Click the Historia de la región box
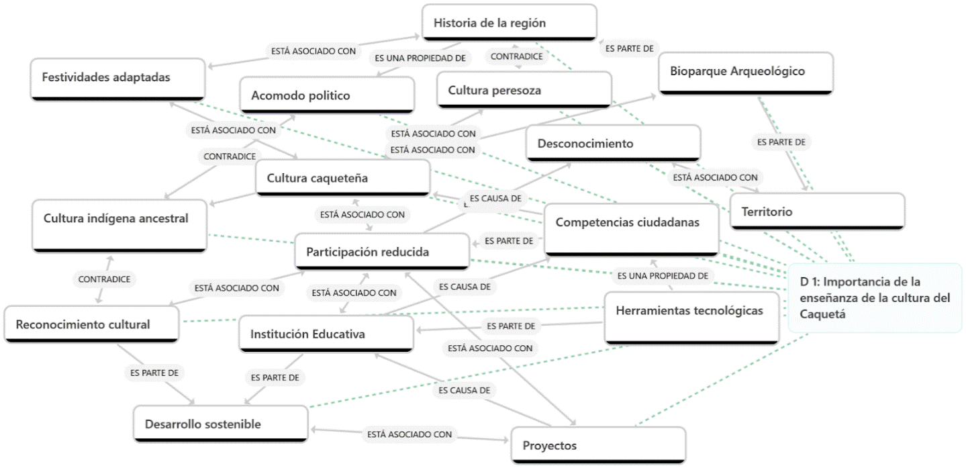[510, 22]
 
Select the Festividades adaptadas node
[117, 77]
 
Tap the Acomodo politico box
[328, 95]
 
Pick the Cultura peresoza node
[524, 89]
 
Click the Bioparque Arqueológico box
[746, 71]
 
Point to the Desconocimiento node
[613, 143]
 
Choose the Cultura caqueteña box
[342, 178]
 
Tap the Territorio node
[817, 212]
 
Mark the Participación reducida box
[382, 252]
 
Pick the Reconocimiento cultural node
[91, 324]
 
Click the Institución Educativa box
[326, 334]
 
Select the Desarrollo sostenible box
[221, 424]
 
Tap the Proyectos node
[598, 445]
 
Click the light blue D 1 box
[875, 297]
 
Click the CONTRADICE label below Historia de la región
[516, 56]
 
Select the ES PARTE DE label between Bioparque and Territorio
[780, 142]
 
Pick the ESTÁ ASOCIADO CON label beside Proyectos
[409, 434]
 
